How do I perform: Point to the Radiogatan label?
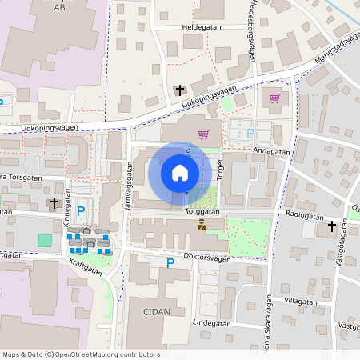(x=304, y=216)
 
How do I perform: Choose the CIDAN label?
(x=157, y=312)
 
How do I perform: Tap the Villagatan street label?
(x=300, y=302)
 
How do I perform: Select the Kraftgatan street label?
(x=85, y=266)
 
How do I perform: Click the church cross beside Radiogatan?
(x=332, y=226)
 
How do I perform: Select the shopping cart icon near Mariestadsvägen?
(x=274, y=98)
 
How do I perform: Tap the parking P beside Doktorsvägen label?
(x=170, y=262)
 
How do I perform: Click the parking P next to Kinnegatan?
(x=81, y=211)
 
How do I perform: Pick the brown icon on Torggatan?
(x=201, y=226)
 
